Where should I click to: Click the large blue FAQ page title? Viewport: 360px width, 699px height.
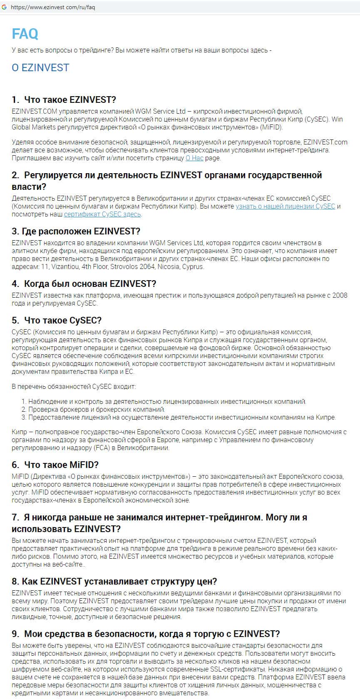point(25,33)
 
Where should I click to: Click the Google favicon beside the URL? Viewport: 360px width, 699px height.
point(4,7)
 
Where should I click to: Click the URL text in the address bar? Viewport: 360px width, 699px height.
point(53,7)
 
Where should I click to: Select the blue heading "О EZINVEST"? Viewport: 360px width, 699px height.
point(40,67)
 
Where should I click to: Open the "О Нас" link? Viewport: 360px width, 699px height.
point(194,158)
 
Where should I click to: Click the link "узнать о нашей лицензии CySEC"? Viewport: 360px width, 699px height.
point(285,206)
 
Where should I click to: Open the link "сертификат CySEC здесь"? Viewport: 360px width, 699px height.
point(103,214)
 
